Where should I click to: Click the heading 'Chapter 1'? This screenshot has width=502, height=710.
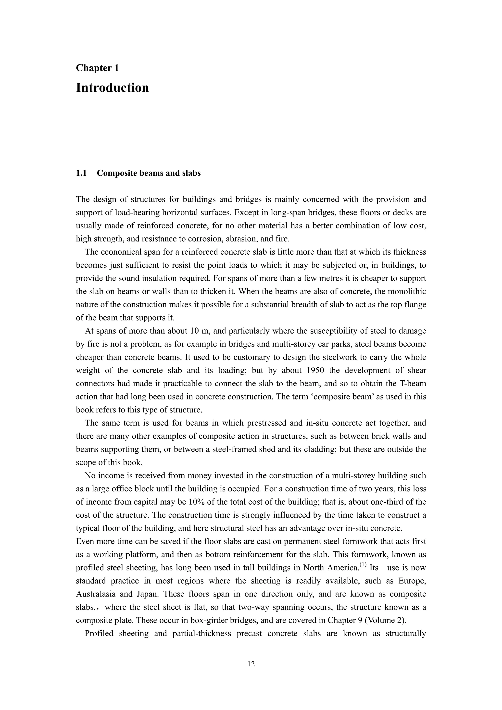coord(97,68)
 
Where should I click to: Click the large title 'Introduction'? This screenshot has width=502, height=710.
coord(112,88)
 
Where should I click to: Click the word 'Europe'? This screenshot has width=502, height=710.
coord(412,581)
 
